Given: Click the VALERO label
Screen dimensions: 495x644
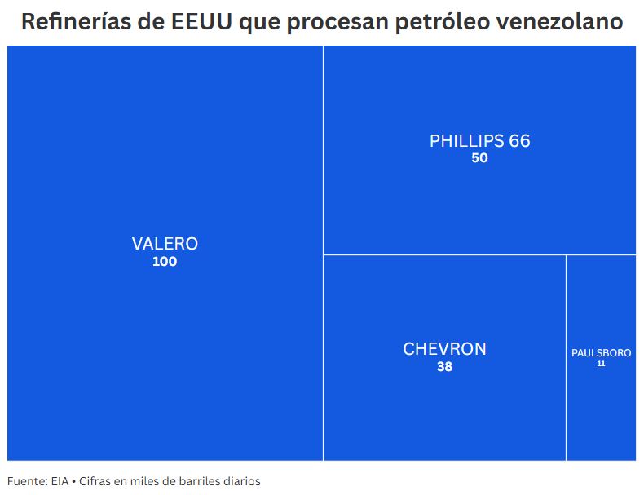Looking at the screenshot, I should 165,244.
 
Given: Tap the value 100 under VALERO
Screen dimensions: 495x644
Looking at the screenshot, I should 165,262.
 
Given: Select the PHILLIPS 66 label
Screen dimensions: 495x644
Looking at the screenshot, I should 479,141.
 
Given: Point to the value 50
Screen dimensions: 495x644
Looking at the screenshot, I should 479,158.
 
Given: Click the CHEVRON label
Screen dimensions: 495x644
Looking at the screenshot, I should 444,349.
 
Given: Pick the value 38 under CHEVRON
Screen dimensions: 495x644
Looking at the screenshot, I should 444,367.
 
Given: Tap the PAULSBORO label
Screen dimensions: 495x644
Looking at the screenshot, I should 601,353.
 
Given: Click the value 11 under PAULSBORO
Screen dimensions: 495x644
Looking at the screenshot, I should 601,364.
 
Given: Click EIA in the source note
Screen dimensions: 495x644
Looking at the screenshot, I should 60,481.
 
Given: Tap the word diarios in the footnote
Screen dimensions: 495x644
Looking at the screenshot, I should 240,481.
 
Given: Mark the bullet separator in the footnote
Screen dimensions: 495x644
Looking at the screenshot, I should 73,481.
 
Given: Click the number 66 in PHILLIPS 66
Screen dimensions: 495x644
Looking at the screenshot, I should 519,141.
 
